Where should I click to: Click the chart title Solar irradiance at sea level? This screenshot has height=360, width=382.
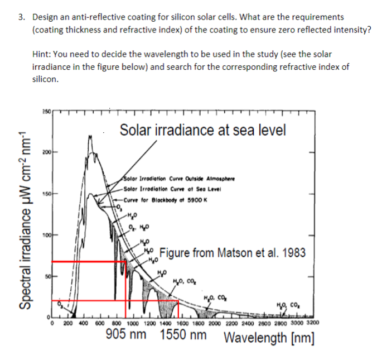tap(204, 131)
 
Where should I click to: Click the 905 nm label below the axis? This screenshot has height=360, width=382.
tap(126, 335)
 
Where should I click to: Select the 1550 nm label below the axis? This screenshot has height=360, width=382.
tap(183, 335)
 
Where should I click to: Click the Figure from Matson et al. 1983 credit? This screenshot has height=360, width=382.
tap(233, 253)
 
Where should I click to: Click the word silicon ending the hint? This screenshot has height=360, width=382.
tap(45, 79)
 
